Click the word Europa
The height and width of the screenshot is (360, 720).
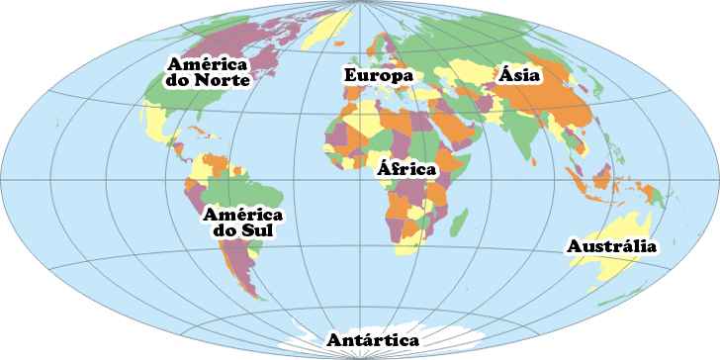pos(376,74)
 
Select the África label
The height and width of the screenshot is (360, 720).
pos(405,168)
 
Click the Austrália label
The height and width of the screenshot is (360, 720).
pos(611,246)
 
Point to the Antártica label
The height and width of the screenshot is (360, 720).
pos(373,339)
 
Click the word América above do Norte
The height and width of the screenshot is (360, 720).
pos(208,60)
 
